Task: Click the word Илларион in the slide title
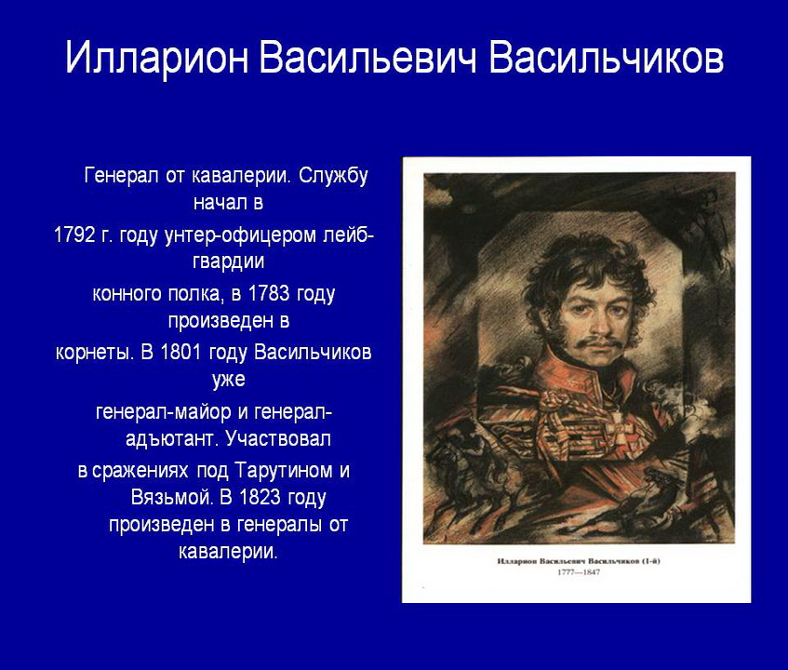pos(157,56)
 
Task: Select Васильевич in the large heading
pos(367,56)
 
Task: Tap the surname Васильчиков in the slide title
pos(606,56)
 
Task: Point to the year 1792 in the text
pos(73,234)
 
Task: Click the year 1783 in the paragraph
pos(269,293)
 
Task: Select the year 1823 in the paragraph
pos(260,498)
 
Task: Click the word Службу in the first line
pos(333,177)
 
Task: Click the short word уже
pos(229,380)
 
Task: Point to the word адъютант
pos(171,439)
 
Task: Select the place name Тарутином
pos(284,471)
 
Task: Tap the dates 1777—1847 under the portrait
pos(579,572)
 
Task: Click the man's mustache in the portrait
pos(598,343)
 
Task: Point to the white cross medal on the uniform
pos(620,431)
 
